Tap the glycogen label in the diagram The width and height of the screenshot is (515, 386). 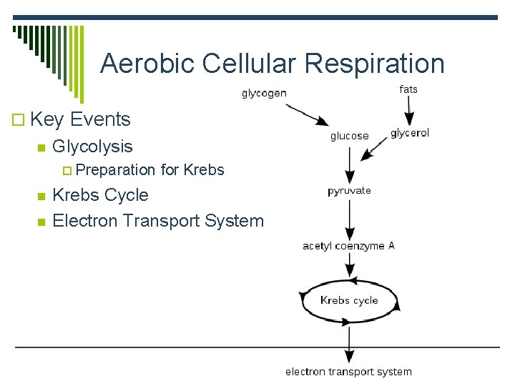tap(264, 93)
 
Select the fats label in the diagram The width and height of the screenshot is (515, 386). tap(408, 89)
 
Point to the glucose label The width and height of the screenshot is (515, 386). tap(350, 136)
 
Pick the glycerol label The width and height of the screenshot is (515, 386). tap(410, 134)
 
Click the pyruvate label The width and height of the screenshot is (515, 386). tap(349, 191)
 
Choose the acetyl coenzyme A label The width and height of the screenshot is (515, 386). tap(348, 246)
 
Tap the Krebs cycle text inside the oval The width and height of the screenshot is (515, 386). tap(349, 300)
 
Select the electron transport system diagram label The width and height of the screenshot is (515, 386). tap(348, 372)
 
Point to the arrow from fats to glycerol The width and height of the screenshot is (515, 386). tap(410, 110)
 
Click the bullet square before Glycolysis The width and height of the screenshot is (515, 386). tap(41, 148)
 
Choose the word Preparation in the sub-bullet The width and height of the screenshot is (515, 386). tap(115, 170)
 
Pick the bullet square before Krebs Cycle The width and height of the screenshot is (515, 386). tap(41, 197)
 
